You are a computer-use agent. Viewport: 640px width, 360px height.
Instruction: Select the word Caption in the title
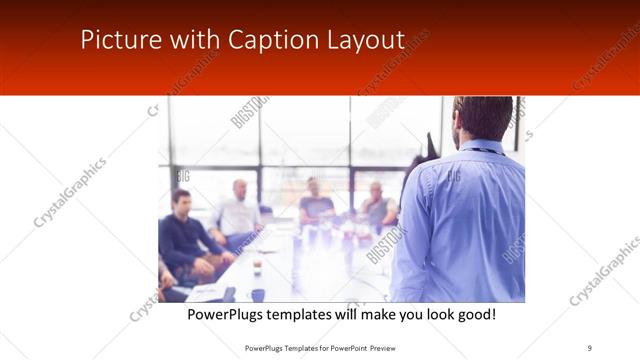pyautogui.click(x=266, y=40)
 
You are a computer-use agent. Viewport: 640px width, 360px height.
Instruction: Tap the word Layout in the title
pyautogui.click(x=366, y=40)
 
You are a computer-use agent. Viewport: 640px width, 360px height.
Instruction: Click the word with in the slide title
pyautogui.click(x=193, y=40)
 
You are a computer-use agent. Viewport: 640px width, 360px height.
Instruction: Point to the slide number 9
pyautogui.click(x=589, y=347)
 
